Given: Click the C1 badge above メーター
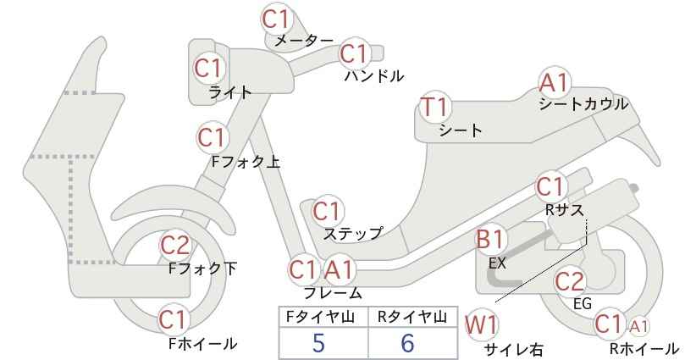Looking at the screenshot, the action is click(276, 19).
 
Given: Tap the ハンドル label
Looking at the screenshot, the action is click(374, 76).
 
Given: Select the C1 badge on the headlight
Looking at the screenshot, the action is click(208, 69).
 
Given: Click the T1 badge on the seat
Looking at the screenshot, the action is click(434, 107).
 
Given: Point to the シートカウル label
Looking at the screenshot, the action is click(583, 104).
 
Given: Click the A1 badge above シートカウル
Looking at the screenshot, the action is click(554, 82).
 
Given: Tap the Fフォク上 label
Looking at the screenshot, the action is click(246, 162).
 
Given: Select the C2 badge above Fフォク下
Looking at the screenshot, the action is click(175, 245).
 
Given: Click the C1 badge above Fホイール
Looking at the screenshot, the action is click(173, 319).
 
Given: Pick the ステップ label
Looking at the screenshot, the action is click(353, 234).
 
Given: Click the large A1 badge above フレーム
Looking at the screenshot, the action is click(340, 269).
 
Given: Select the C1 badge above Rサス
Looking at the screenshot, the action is click(550, 187).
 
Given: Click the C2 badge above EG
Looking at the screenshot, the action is click(570, 281).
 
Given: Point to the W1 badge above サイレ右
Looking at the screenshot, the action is click(481, 325).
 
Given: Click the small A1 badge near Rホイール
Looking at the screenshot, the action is click(638, 327).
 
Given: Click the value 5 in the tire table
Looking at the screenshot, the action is click(318, 343).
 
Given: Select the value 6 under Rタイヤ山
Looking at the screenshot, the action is click(407, 343).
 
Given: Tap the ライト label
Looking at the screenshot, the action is click(230, 92).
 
